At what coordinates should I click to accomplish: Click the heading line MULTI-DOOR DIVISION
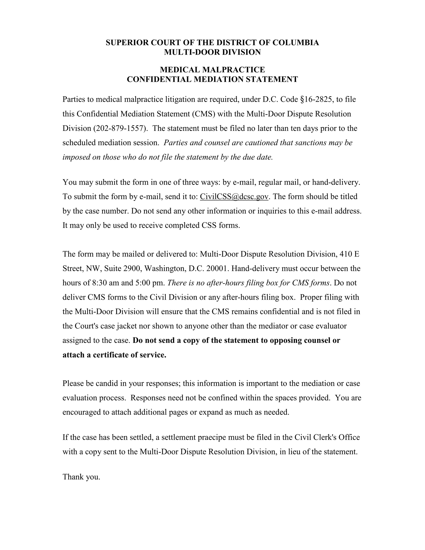click(212, 52)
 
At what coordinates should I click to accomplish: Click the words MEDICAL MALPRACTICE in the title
click(212, 70)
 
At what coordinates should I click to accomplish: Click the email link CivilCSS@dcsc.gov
click(234, 197)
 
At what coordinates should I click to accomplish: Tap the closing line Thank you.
click(81, 477)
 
